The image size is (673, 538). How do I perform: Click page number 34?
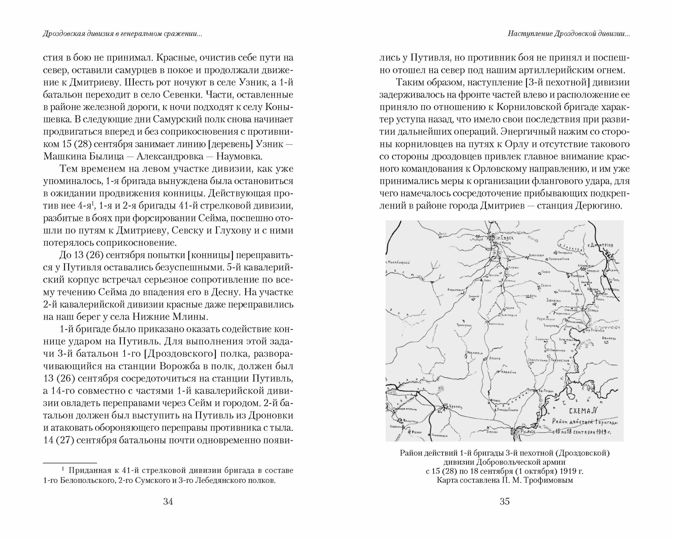(168, 502)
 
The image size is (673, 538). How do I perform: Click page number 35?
(505, 502)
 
